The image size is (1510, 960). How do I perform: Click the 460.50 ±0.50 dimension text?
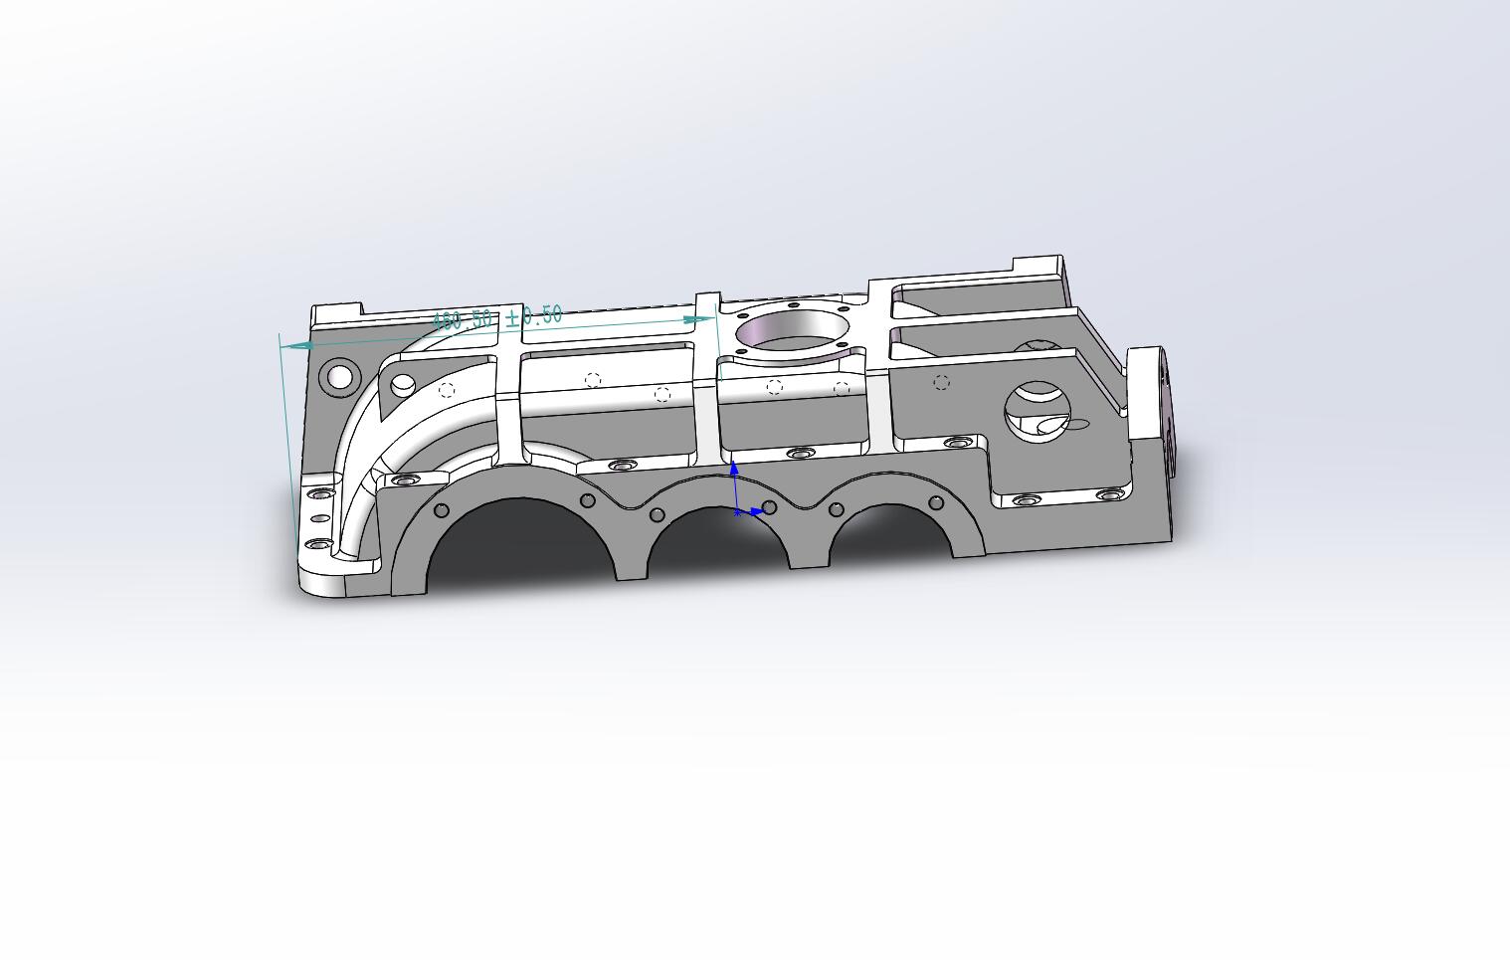(497, 318)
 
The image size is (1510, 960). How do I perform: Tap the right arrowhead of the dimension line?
(698, 320)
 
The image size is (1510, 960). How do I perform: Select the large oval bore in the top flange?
(793, 328)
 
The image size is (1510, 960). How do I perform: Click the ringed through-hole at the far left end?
(339, 376)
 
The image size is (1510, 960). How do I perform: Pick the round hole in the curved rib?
(403, 384)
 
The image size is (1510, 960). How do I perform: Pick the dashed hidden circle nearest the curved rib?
(447, 390)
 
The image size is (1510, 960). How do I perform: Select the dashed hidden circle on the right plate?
(941, 382)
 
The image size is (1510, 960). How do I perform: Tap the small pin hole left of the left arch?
(442, 511)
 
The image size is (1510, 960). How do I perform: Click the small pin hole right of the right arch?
(936, 502)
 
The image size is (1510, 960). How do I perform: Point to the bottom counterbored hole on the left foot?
(318, 545)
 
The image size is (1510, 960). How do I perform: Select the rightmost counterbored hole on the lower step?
(1107, 494)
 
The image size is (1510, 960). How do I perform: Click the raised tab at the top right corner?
(1038, 266)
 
